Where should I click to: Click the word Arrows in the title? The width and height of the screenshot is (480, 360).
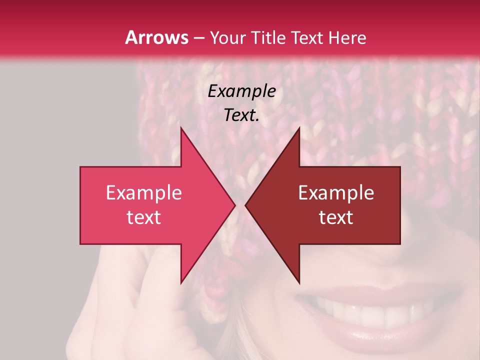[156, 37]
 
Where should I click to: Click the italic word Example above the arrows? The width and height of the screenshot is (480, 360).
[242, 91]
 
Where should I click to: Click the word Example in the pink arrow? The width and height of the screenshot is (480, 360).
[144, 193]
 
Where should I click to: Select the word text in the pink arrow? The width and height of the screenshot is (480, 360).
[144, 217]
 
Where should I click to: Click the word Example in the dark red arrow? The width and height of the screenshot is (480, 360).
[336, 193]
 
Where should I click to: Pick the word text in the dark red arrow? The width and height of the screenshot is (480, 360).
[336, 217]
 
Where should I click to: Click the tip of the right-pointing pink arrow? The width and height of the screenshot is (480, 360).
[234, 205]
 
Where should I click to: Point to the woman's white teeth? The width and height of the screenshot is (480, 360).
[370, 312]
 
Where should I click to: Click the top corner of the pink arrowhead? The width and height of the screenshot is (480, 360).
[181, 128]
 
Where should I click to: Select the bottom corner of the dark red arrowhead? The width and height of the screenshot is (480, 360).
[299, 283]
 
